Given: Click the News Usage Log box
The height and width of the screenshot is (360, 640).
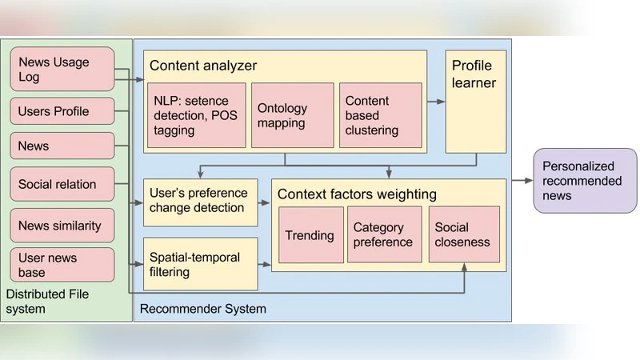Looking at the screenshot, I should [x=62, y=70].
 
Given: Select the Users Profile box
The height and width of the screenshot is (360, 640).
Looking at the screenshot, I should [x=62, y=111].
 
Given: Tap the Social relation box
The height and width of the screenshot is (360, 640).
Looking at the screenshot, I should [x=62, y=184].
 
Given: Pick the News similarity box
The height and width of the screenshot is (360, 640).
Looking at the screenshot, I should [x=62, y=226].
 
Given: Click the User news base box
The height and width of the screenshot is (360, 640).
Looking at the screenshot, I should [x=62, y=265].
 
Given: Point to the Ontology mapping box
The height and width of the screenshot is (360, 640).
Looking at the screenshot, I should [x=292, y=114].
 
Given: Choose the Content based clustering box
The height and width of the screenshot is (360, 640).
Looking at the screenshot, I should [x=380, y=114].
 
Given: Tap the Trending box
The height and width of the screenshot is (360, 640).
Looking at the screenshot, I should [x=310, y=235].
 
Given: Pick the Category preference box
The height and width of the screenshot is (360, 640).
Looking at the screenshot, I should [x=383, y=235].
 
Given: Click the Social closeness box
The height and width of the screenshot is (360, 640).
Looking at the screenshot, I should [x=464, y=235].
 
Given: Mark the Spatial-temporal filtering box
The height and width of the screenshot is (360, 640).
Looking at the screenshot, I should [x=201, y=264].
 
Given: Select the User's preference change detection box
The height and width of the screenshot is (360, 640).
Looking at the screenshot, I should [x=201, y=202].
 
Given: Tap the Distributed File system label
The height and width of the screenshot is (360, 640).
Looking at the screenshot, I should [x=47, y=302].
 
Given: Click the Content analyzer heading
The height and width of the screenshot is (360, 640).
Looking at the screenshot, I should [x=203, y=66].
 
